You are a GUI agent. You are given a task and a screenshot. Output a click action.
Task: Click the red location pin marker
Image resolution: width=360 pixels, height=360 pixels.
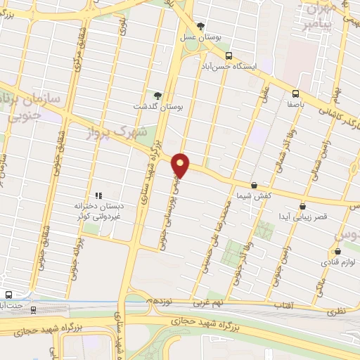tap(181, 165)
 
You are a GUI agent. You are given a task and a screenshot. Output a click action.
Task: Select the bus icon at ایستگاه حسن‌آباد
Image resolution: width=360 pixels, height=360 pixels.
tap(228, 56)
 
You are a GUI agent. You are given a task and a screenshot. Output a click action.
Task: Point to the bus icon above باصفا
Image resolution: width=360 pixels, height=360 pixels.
tap(295, 93)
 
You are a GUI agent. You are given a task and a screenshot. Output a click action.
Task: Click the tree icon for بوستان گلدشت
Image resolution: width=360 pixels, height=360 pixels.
tap(158, 96)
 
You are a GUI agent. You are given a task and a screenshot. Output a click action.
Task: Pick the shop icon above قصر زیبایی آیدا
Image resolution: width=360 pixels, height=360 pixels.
tap(302, 206)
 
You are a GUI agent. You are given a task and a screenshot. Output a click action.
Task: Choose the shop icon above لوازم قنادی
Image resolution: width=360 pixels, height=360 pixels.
tap(338, 251)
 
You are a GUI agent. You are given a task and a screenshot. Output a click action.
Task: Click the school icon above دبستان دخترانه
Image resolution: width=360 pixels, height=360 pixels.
tap(99, 195)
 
